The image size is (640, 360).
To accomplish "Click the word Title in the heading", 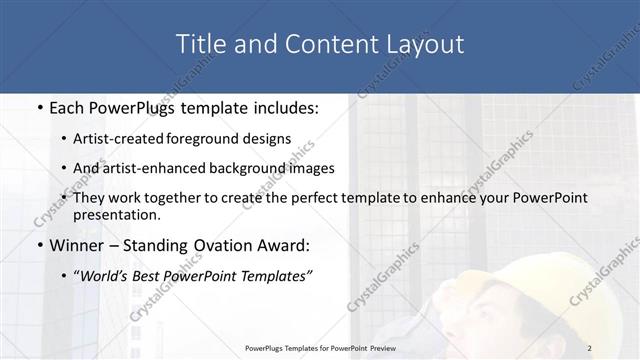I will point(200,44).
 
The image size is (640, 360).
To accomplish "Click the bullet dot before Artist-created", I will point(65,140).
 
